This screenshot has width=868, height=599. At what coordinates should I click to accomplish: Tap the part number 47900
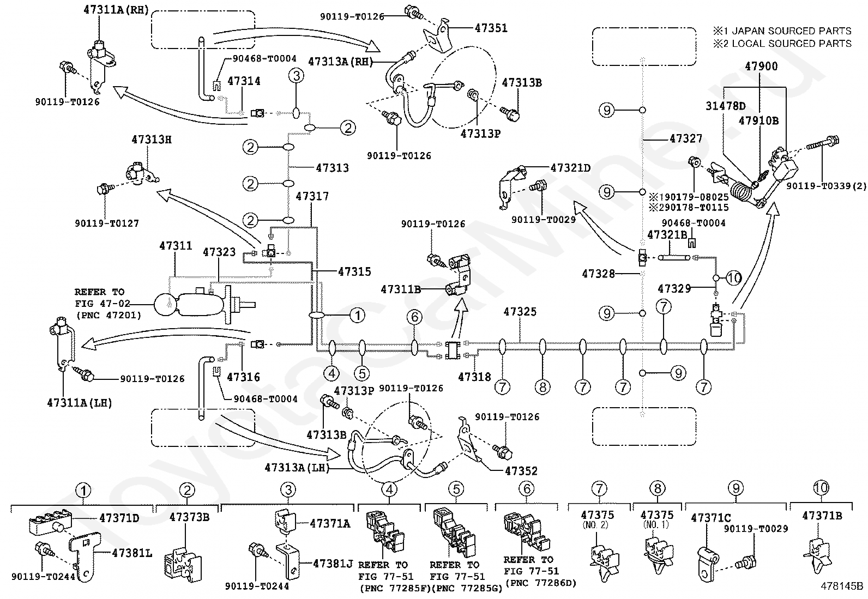pyautogui.click(x=762, y=66)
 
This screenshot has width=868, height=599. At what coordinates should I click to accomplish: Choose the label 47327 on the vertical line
pyautogui.click(x=686, y=139)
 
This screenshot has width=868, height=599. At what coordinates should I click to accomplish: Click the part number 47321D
pyautogui.click(x=570, y=168)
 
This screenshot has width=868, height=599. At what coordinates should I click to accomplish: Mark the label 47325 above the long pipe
pyautogui.click(x=520, y=312)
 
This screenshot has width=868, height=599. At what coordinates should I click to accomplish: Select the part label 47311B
pyautogui.click(x=401, y=289)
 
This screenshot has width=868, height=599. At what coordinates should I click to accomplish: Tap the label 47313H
pyautogui.click(x=151, y=140)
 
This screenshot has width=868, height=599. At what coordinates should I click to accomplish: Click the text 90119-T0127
pyautogui.click(x=107, y=223)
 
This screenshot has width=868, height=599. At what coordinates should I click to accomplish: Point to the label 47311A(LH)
pyautogui.click(x=80, y=403)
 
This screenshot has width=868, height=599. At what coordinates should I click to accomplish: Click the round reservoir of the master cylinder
pyautogui.click(x=165, y=304)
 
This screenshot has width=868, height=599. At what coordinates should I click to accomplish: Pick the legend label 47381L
pyautogui.click(x=132, y=553)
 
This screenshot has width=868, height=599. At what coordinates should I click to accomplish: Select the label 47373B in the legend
pyautogui.click(x=189, y=517)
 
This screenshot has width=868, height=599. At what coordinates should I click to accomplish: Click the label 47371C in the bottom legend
pyautogui.click(x=711, y=518)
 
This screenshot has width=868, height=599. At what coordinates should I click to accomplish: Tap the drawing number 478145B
pyautogui.click(x=842, y=586)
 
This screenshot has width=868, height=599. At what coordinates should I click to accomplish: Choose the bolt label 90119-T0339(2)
pyautogui.click(x=826, y=186)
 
